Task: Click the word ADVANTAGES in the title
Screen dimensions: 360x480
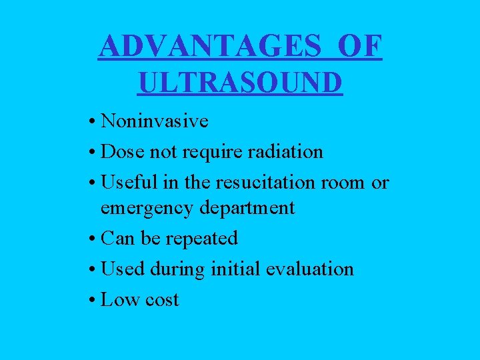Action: coord(212,46)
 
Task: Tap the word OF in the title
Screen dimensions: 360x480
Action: coord(361,46)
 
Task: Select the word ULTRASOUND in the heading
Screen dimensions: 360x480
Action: coord(241,83)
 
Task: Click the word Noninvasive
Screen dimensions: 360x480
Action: coord(155,121)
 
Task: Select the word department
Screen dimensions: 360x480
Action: coord(248,208)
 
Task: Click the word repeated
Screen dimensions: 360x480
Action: coord(202,239)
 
